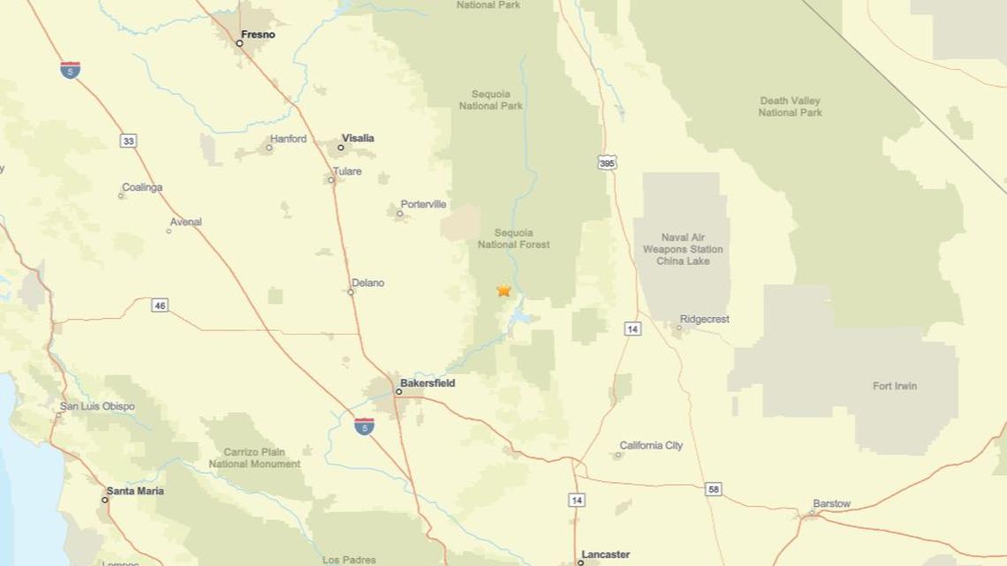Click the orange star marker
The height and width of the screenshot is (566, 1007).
(503, 290)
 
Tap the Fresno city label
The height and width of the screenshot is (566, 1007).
(258, 34)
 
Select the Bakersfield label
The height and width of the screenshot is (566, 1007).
(428, 383)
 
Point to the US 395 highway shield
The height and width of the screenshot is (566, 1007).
(607, 162)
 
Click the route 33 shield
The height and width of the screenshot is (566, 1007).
(129, 140)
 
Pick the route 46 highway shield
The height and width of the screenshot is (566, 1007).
(159, 306)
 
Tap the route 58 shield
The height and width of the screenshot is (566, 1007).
(714, 488)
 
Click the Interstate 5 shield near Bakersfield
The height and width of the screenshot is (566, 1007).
(364, 426)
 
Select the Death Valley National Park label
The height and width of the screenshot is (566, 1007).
(790, 107)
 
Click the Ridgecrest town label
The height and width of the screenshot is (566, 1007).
(704, 319)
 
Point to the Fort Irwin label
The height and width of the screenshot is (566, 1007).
(895, 386)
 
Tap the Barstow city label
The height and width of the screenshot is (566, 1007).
(831, 503)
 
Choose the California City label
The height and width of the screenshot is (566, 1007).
(651, 445)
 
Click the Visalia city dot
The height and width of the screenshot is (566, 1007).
(341, 147)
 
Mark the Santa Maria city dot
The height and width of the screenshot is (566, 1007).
(105, 500)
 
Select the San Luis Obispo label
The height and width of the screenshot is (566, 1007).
(97, 406)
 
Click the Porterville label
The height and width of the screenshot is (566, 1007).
(423, 204)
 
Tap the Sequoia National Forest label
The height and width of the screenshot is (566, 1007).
(513, 238)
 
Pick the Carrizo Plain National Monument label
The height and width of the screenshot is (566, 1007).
(254, 457)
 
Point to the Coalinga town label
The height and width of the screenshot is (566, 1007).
(142, 187)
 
